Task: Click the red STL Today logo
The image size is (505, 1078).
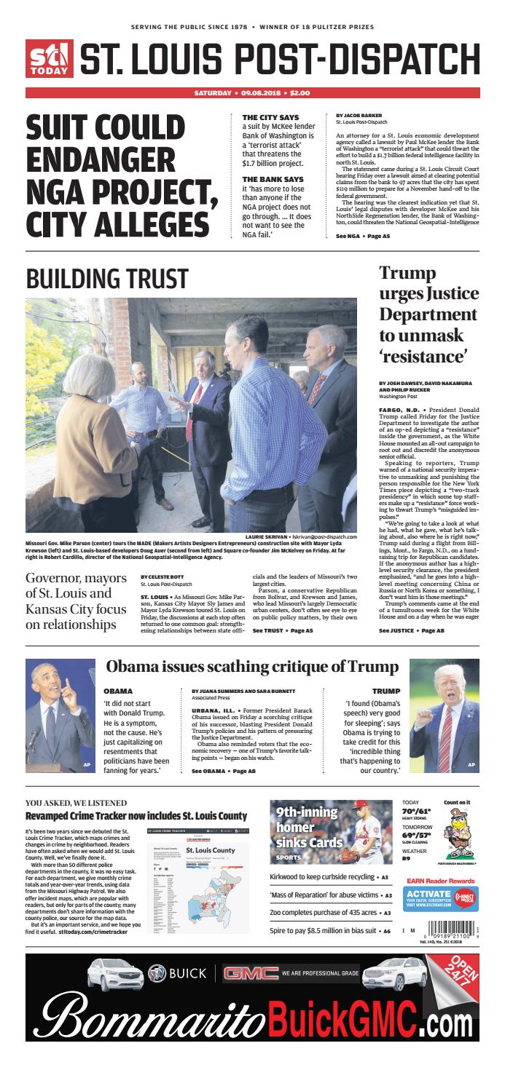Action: (x=50, y=59)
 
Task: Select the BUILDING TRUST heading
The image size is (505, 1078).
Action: (x=107, y=279)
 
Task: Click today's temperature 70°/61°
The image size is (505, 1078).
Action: (x=417, y=810)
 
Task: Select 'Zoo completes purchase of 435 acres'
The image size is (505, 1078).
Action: (x=322, y=912)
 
